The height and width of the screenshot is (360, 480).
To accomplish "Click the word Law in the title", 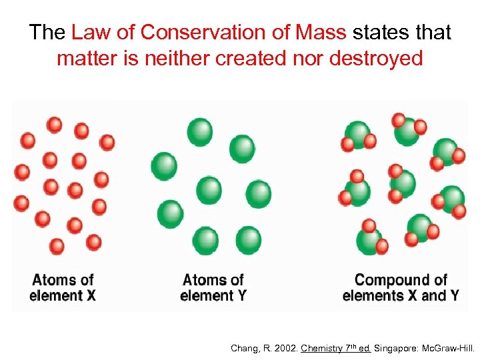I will coord(87,32).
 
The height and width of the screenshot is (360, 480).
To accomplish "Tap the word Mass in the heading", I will coord(322,32).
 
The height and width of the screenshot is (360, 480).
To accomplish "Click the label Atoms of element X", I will coord(63,287).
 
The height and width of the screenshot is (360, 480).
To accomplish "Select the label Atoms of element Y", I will coord(213,287).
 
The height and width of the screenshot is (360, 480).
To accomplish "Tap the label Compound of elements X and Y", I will coord(400,287).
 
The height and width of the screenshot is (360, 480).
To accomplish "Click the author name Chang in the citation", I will coord(243,348).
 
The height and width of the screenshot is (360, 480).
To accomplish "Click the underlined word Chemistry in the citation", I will coord(323,348).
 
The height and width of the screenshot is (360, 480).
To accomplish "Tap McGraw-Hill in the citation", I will coord(449,348).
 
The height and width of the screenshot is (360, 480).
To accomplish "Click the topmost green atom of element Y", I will coord(199,131).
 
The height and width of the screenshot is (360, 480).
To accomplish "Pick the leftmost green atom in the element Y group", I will coord(164,165).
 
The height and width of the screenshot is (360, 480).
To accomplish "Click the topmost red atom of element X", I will coord(55,125).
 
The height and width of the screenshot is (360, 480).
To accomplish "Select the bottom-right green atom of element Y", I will coord(248,240).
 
